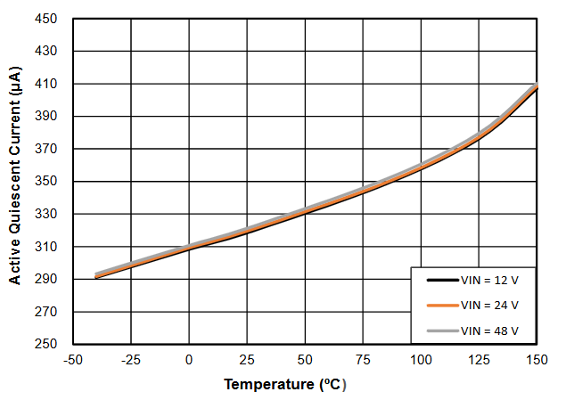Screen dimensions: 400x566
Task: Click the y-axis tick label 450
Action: [46, 19]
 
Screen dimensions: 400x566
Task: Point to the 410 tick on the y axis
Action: [46, 84]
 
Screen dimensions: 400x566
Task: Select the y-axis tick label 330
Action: [46, 214]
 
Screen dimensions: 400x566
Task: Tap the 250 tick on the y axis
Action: [46, 344]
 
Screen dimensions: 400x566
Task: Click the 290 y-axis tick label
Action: [46, 279]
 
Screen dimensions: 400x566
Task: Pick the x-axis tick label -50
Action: [73, 360]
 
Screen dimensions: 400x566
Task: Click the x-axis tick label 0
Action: [189, 360]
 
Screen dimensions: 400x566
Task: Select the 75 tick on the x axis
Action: [363, 360]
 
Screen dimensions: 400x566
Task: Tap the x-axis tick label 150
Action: [537, 360]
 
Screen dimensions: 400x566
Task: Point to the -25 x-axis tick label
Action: [131, 360]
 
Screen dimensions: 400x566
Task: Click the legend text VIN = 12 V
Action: [489, 280]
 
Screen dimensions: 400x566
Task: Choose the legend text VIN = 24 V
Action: [489, 305]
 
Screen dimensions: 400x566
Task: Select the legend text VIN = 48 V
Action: [489, 330]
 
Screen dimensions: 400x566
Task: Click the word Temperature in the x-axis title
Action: [265, 385]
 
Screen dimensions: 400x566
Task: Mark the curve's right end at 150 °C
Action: [537, 86]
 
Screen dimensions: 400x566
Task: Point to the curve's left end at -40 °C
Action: [96, 276]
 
